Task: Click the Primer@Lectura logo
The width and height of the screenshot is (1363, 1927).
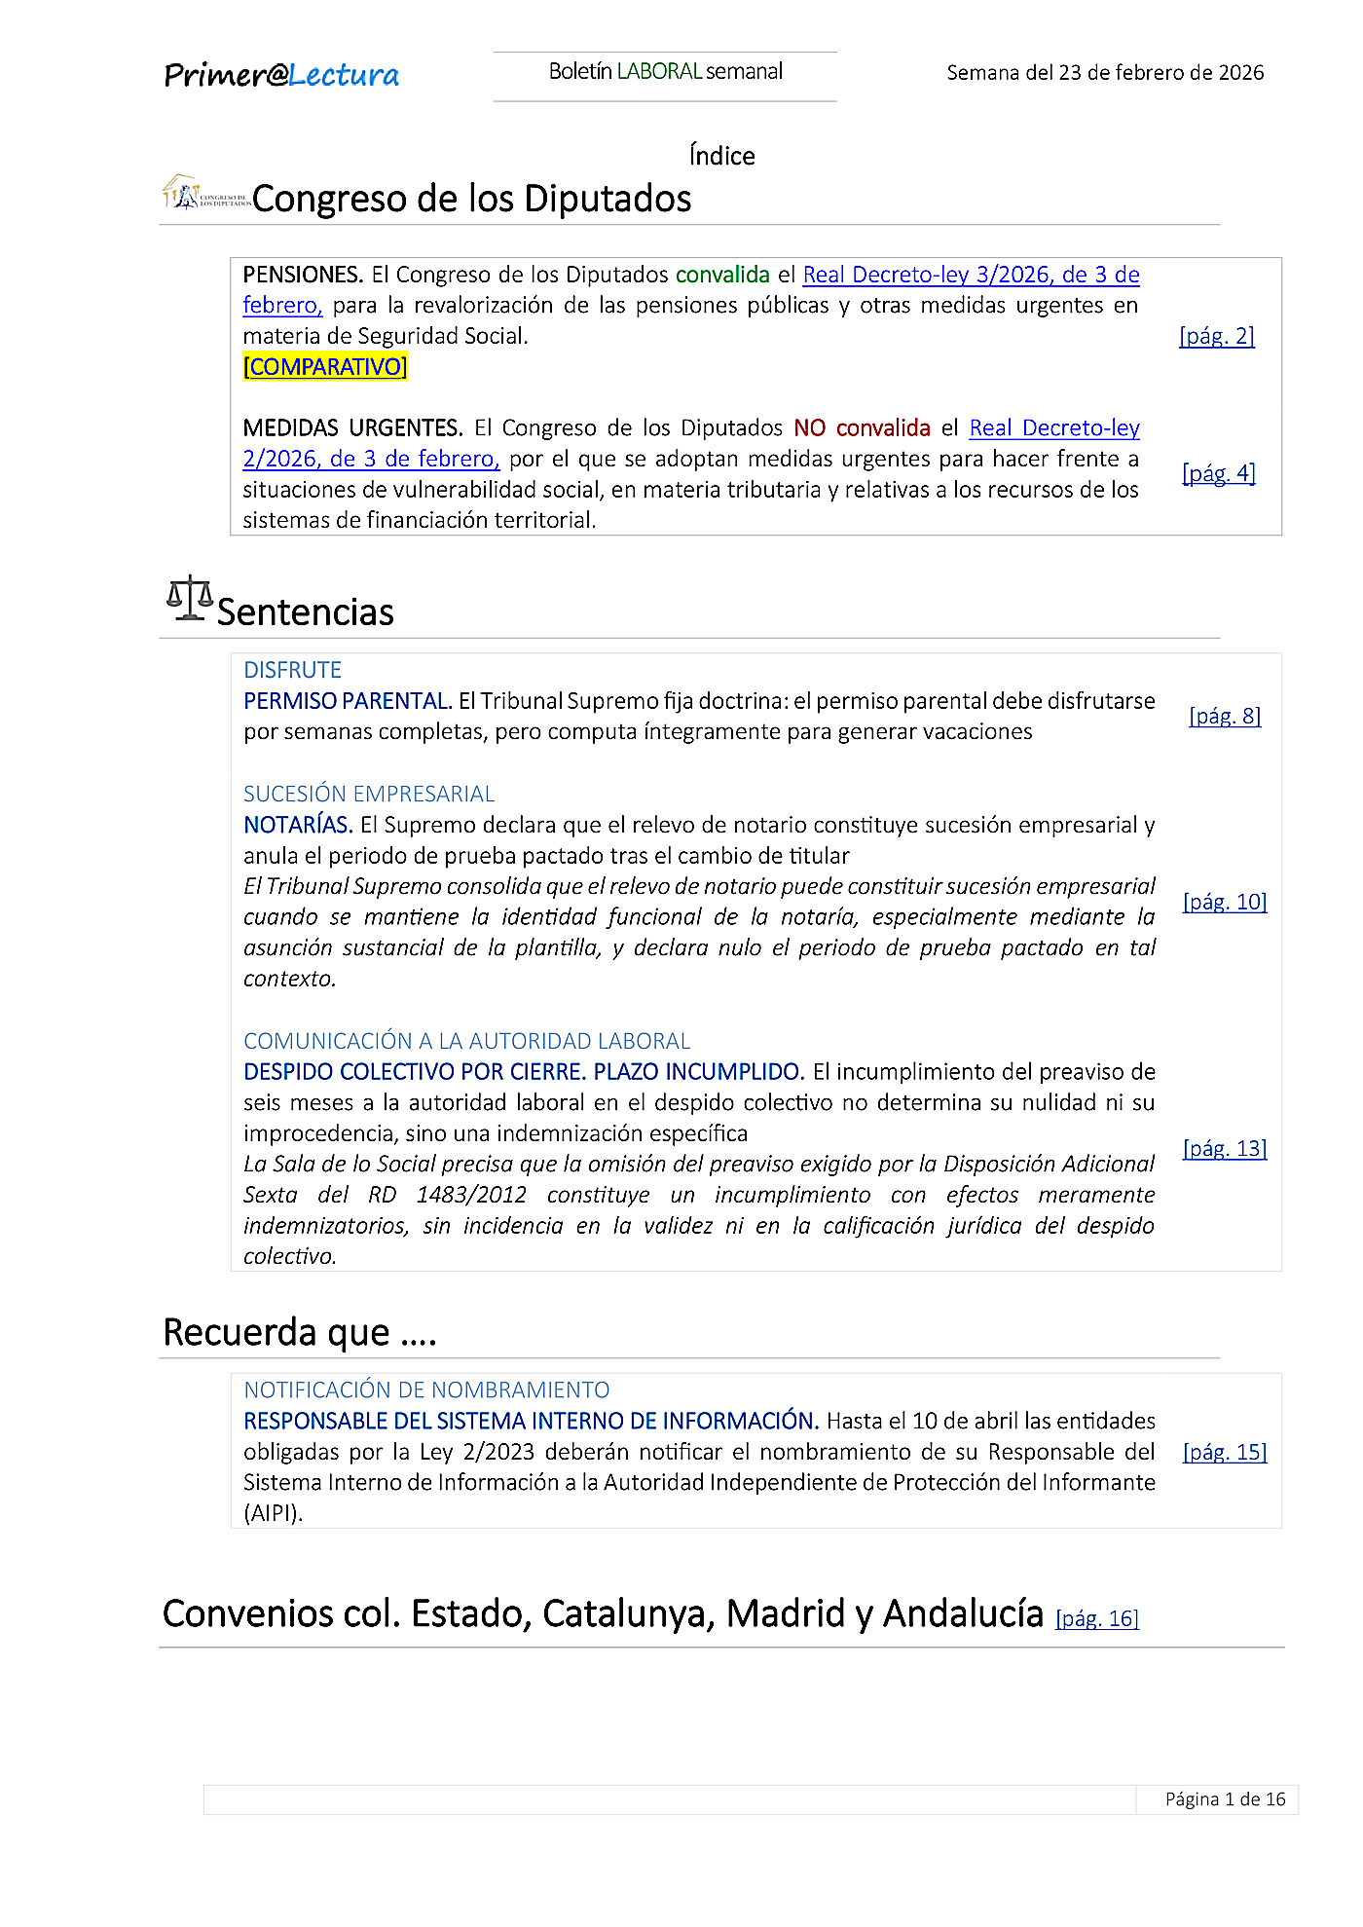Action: (x=281, y=75)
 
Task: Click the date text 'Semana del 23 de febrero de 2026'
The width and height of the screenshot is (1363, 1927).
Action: (x=1105, y=73)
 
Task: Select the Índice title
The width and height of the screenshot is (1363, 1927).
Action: (x=721, y=156)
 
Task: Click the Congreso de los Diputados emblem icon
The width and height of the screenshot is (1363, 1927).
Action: (x=204, y=194)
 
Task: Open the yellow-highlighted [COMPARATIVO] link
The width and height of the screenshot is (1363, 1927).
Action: (x=325, y=367)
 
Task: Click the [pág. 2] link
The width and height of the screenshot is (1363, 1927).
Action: (x=1217, y=336)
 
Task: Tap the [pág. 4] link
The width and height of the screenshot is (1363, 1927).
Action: (x=1219, y=473)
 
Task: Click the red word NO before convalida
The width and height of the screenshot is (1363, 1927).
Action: (x=810, y=428)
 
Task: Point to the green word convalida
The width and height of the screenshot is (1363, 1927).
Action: (x=722, y=275)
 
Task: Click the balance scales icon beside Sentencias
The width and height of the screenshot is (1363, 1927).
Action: (x=189, y=598)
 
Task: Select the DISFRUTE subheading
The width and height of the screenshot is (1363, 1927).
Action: (x=292, y=670)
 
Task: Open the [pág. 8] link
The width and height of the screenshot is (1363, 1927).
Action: (x=1225, y=717)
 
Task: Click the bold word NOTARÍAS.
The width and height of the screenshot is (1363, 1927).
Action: (x=298, y=825)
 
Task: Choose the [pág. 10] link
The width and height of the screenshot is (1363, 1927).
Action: (x=1225, y=902)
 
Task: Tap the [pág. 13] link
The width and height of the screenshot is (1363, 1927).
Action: (x=1225, y=1149)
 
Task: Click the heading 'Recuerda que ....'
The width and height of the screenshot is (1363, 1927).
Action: (x=299, y=1332)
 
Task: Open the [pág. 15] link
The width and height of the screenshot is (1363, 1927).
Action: (x=1225, y=1452)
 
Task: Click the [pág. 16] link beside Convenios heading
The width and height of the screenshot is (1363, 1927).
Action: (x=1097, y=1618)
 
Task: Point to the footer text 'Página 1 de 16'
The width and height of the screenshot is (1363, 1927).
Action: (x=1225, y=1799)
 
